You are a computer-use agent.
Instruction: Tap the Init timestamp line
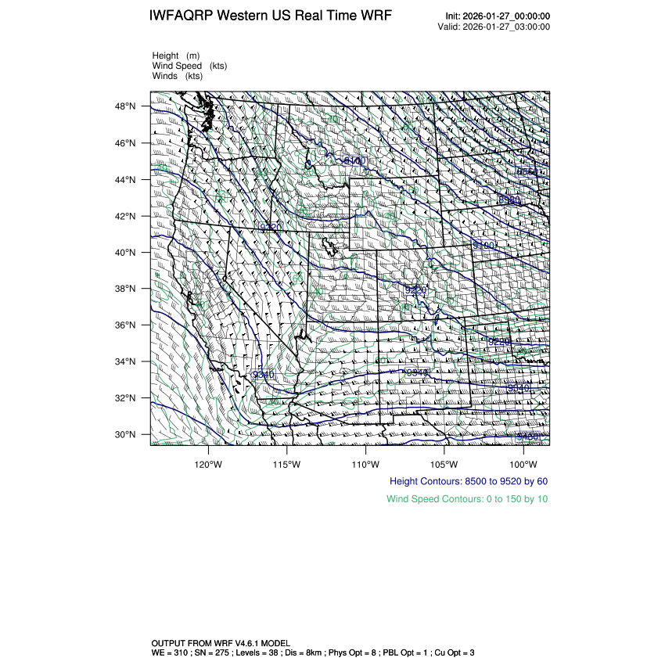[498, 16]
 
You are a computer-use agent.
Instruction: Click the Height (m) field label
[176, 56]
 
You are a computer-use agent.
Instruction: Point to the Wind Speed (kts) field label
[189, 66]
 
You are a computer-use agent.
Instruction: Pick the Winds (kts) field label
[178, 76]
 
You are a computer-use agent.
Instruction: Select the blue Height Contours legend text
[469, 481]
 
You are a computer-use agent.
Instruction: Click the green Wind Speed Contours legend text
[467, 499]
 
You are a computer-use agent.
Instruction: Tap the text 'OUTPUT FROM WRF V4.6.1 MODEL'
[221, 642]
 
